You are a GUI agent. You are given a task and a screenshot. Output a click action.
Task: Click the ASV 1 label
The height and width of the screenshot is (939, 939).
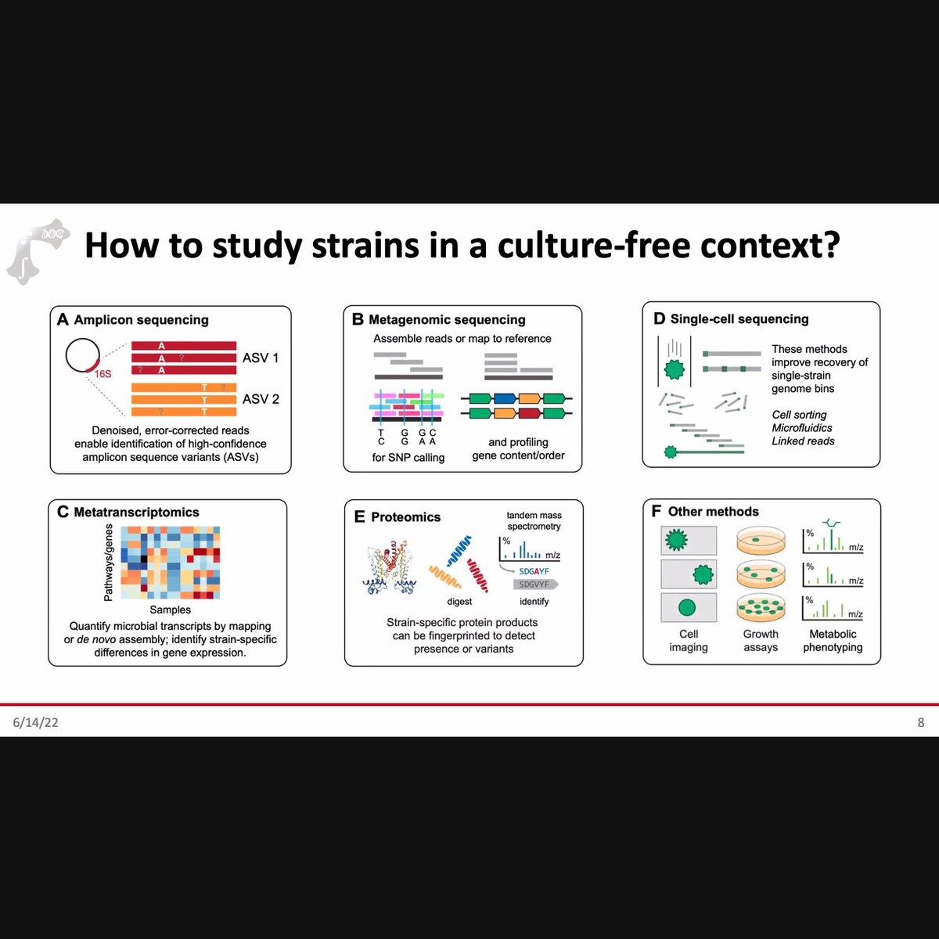260,358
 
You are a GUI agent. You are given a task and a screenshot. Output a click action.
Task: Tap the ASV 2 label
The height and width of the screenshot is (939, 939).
260,399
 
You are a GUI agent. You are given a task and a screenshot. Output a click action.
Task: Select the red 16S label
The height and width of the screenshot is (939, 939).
103,374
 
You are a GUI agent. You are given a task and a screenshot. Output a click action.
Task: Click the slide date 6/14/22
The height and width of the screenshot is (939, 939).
35,722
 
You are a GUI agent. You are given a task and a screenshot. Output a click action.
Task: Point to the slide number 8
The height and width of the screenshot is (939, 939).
920,722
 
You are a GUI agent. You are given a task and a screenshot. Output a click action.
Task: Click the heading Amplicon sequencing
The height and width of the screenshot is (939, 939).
141,320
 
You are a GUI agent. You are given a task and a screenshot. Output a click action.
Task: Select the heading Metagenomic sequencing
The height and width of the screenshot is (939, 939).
447,320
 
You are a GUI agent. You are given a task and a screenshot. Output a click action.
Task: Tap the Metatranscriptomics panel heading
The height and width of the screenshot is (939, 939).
136,513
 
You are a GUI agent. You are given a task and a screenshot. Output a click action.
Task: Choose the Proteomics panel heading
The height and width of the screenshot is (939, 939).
405,517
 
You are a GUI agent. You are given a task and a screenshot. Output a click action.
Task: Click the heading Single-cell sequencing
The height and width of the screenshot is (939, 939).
739,319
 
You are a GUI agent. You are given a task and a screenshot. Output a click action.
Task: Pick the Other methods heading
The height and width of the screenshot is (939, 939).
713,512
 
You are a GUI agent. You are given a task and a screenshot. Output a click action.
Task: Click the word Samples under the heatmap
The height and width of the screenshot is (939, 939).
170,610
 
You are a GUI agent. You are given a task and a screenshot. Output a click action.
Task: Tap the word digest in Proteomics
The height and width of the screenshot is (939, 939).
459,602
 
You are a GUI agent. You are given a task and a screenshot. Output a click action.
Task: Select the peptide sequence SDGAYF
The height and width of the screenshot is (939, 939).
534,571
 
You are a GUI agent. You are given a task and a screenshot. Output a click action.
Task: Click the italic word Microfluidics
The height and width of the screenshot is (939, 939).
802,428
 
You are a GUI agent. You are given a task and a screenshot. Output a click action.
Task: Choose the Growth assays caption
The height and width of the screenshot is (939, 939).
761,641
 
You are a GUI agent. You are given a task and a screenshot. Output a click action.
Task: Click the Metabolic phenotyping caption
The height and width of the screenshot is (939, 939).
833,641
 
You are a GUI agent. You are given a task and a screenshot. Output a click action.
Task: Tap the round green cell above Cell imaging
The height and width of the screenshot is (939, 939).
687,607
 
